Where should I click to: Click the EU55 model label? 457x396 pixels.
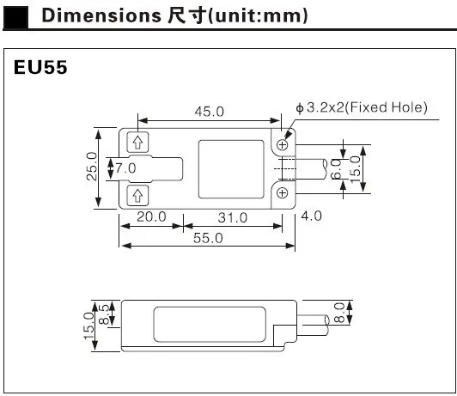coord(40,67)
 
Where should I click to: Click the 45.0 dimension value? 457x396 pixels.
coord(210,112)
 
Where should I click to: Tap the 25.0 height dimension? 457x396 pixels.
coord(92,166)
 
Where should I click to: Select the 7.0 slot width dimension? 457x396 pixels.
coord(125,168)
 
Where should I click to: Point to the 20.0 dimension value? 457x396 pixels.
coord(151,216)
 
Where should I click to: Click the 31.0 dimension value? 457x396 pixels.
coord(233,217)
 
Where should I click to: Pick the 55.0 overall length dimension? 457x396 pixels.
coord(208,238)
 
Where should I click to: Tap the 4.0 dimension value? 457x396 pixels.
coord(312,216)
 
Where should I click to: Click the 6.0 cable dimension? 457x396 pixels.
coord(337,169)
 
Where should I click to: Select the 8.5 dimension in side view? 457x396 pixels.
coord(104,314)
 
